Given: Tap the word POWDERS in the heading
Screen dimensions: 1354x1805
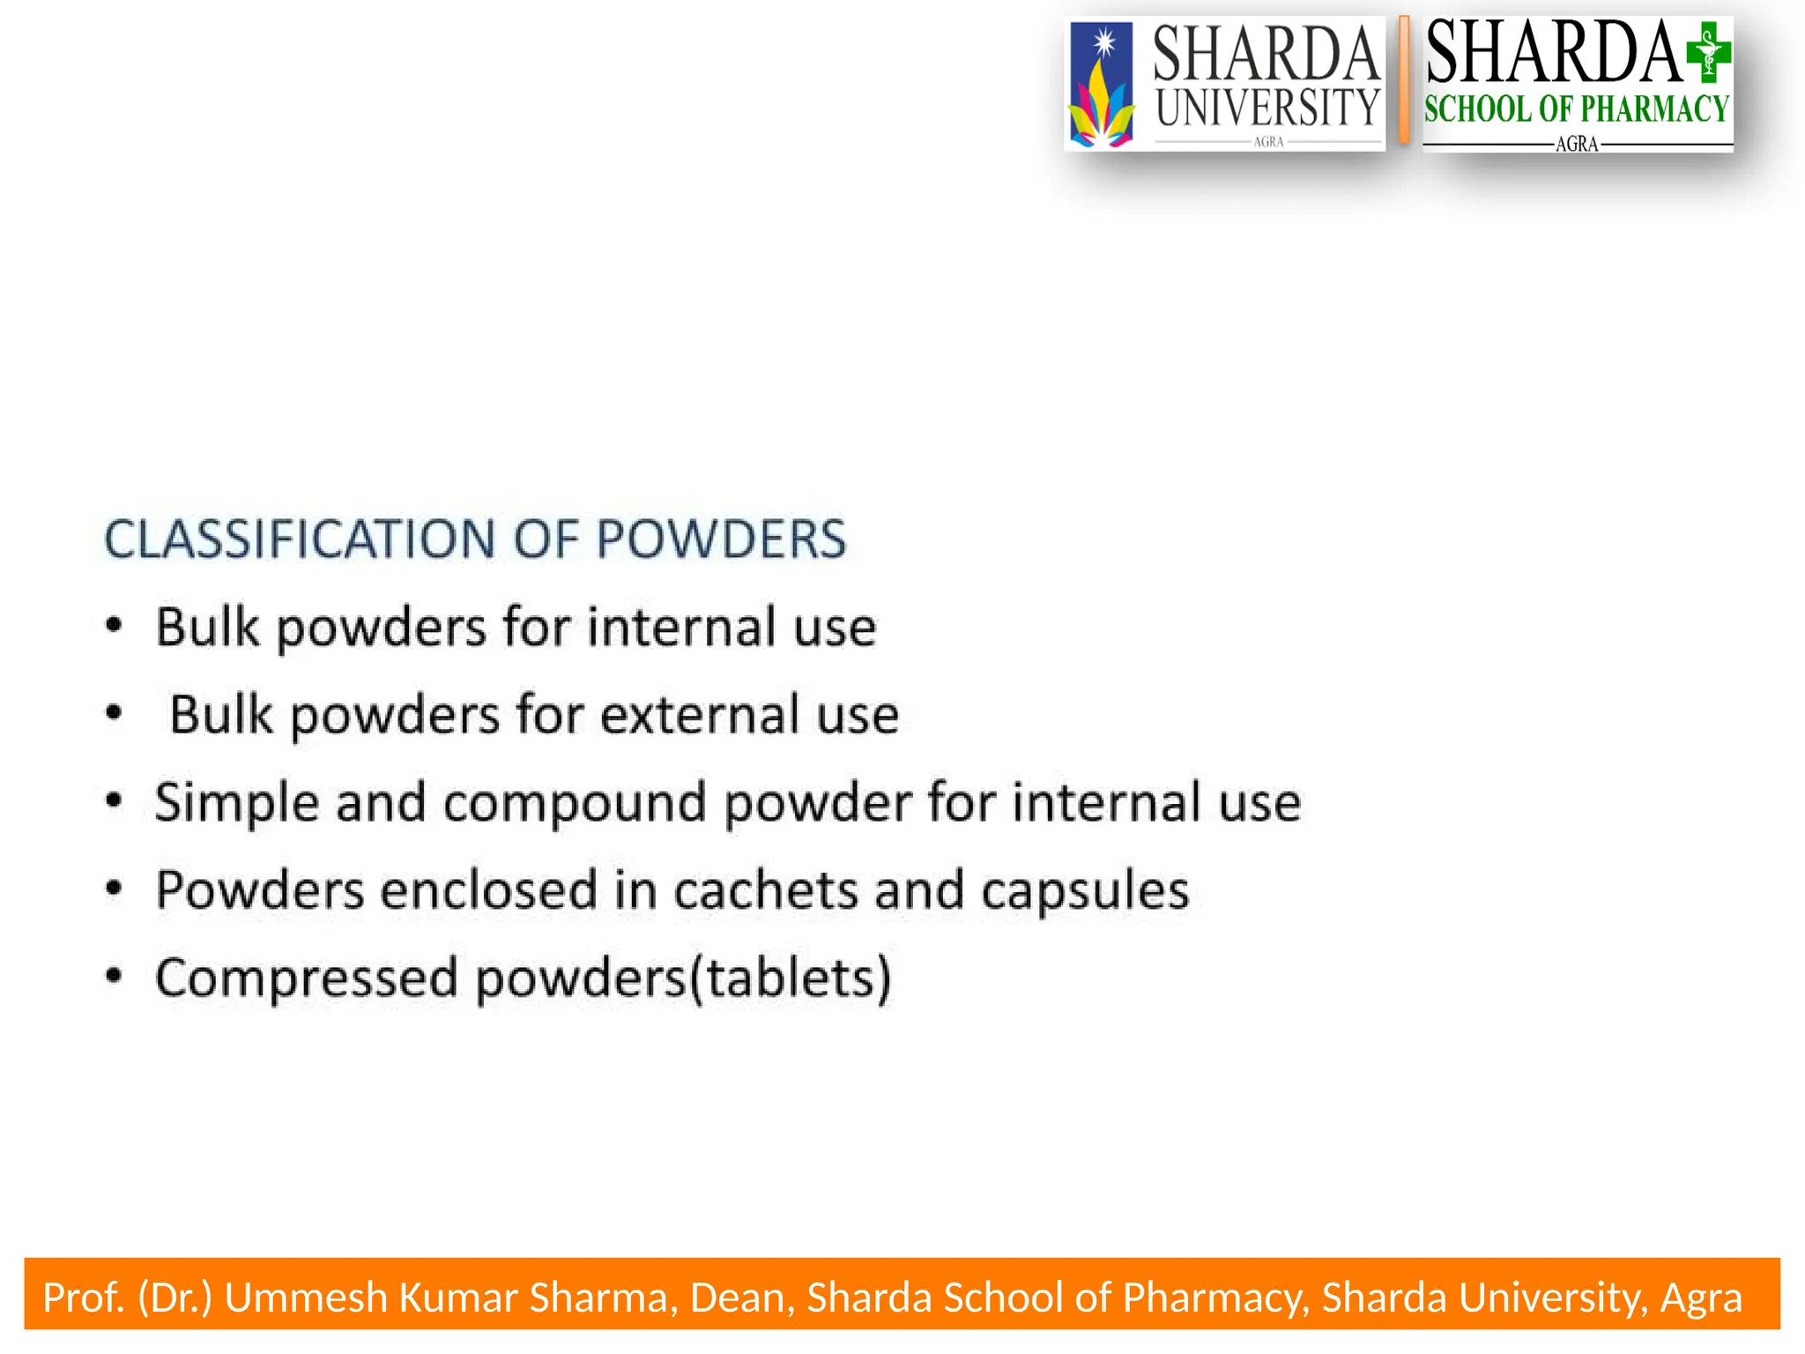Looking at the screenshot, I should pyautogui.click(x=720, y=539).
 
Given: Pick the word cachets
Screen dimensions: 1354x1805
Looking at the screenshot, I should pyautogui.click(x=765, y=890).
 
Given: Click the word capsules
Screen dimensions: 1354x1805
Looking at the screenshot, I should pyautogui.click(x=1085, y=890).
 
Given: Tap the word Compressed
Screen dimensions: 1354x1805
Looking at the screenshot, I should pyautogui.click(x=306, y=978).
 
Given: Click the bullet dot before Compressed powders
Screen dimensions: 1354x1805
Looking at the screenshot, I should pyautogui.click(x=114, y=976).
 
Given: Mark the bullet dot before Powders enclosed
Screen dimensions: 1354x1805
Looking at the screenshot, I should pyautogui.click(x=114, y=888).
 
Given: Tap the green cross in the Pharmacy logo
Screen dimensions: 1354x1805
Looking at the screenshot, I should pyautogui.click(x=1708, y=53).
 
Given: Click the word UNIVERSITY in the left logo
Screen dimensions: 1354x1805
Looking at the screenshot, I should pyautogui.click(x=1267, y=108).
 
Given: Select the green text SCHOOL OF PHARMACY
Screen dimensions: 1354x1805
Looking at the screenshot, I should pyautogui.click(x=1576, y=109).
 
